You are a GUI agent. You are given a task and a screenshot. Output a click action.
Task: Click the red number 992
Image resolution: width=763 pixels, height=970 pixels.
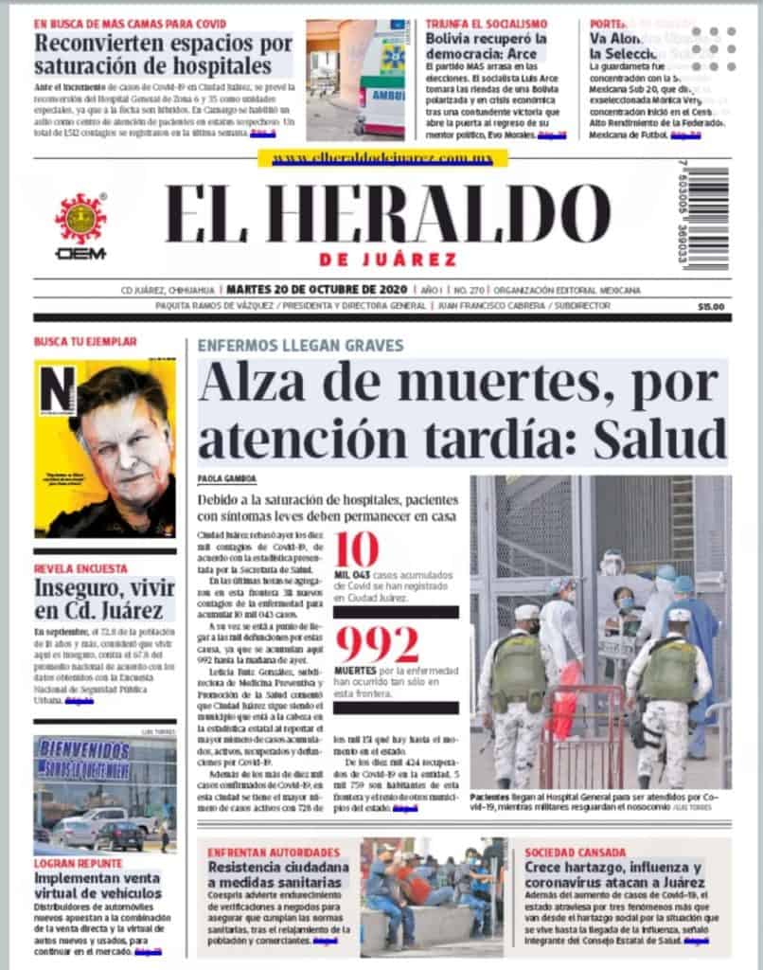377,645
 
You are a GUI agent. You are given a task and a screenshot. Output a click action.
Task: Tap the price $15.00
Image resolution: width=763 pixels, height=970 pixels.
710,307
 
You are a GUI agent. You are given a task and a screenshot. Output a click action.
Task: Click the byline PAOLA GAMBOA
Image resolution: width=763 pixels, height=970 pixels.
227,478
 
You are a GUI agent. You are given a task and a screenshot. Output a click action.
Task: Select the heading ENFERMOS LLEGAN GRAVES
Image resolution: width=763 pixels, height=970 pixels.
300,346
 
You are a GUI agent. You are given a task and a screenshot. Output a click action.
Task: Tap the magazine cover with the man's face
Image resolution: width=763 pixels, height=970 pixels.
104,447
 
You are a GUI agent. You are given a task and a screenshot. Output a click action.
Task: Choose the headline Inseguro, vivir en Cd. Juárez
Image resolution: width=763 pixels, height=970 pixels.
103,600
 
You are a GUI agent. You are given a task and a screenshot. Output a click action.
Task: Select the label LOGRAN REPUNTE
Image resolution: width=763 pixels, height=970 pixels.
79,863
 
